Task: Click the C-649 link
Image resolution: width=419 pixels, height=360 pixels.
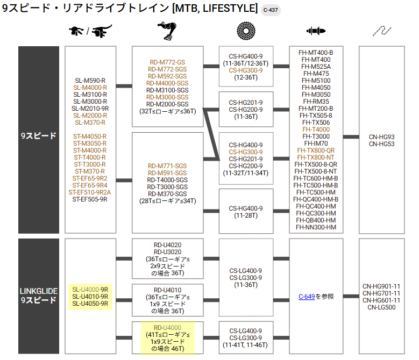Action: click(307, 297)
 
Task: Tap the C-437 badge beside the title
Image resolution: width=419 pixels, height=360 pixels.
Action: click(271, 10)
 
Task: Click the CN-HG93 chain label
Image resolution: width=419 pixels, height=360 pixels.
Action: click(381, 137)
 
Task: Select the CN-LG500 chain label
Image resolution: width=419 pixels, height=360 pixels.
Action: click(381, 307)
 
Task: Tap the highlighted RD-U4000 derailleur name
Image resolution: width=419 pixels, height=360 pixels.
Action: click(167, 328)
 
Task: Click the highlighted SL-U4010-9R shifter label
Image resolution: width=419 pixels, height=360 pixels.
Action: click(90, 297)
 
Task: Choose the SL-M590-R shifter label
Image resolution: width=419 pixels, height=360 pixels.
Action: click(90, 80)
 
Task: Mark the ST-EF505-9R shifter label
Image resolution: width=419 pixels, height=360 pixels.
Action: click(90, 199)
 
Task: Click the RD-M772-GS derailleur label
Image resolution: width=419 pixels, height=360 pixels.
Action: click(167, 62)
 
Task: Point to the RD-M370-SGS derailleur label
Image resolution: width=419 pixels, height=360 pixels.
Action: click(167, 193)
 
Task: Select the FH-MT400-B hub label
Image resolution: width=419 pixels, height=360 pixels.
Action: click(316, 53)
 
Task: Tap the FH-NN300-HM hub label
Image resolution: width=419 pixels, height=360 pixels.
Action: click(316, 227)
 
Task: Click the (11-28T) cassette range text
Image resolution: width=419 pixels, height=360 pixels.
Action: click(246, 215)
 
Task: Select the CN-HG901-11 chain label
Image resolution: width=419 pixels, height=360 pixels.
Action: click(381, 286)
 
